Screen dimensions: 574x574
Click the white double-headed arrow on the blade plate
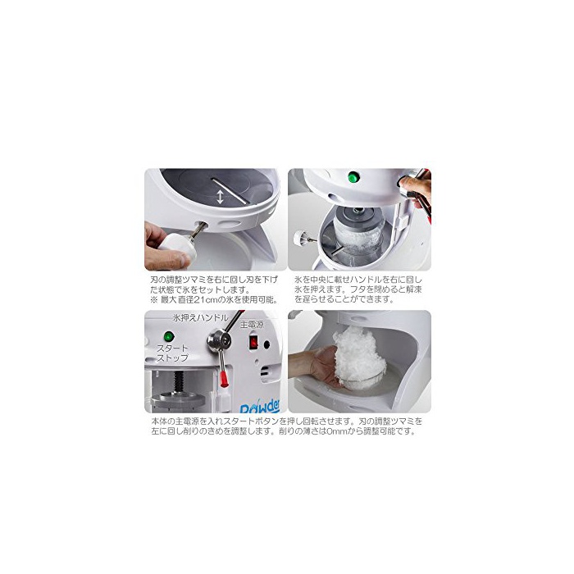tap(220, 197)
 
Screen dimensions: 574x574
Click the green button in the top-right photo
tap(353, 177)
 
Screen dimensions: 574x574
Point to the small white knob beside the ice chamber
tap(299, 238)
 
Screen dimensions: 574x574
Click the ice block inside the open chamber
tap(359, 238)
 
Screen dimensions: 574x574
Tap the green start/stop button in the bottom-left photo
tap(168, 336)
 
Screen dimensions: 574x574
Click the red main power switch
tap(253, 342)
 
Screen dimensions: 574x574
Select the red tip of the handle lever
tap(224, 380)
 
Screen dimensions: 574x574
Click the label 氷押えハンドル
tap(201, 318)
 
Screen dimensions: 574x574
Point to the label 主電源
tap(252, 325)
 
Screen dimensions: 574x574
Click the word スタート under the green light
tap(172, 348)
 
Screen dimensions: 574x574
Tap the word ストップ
tap(172, 358)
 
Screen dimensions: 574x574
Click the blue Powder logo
tap(260, 407)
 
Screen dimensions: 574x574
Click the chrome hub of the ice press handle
tap(219, 340)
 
